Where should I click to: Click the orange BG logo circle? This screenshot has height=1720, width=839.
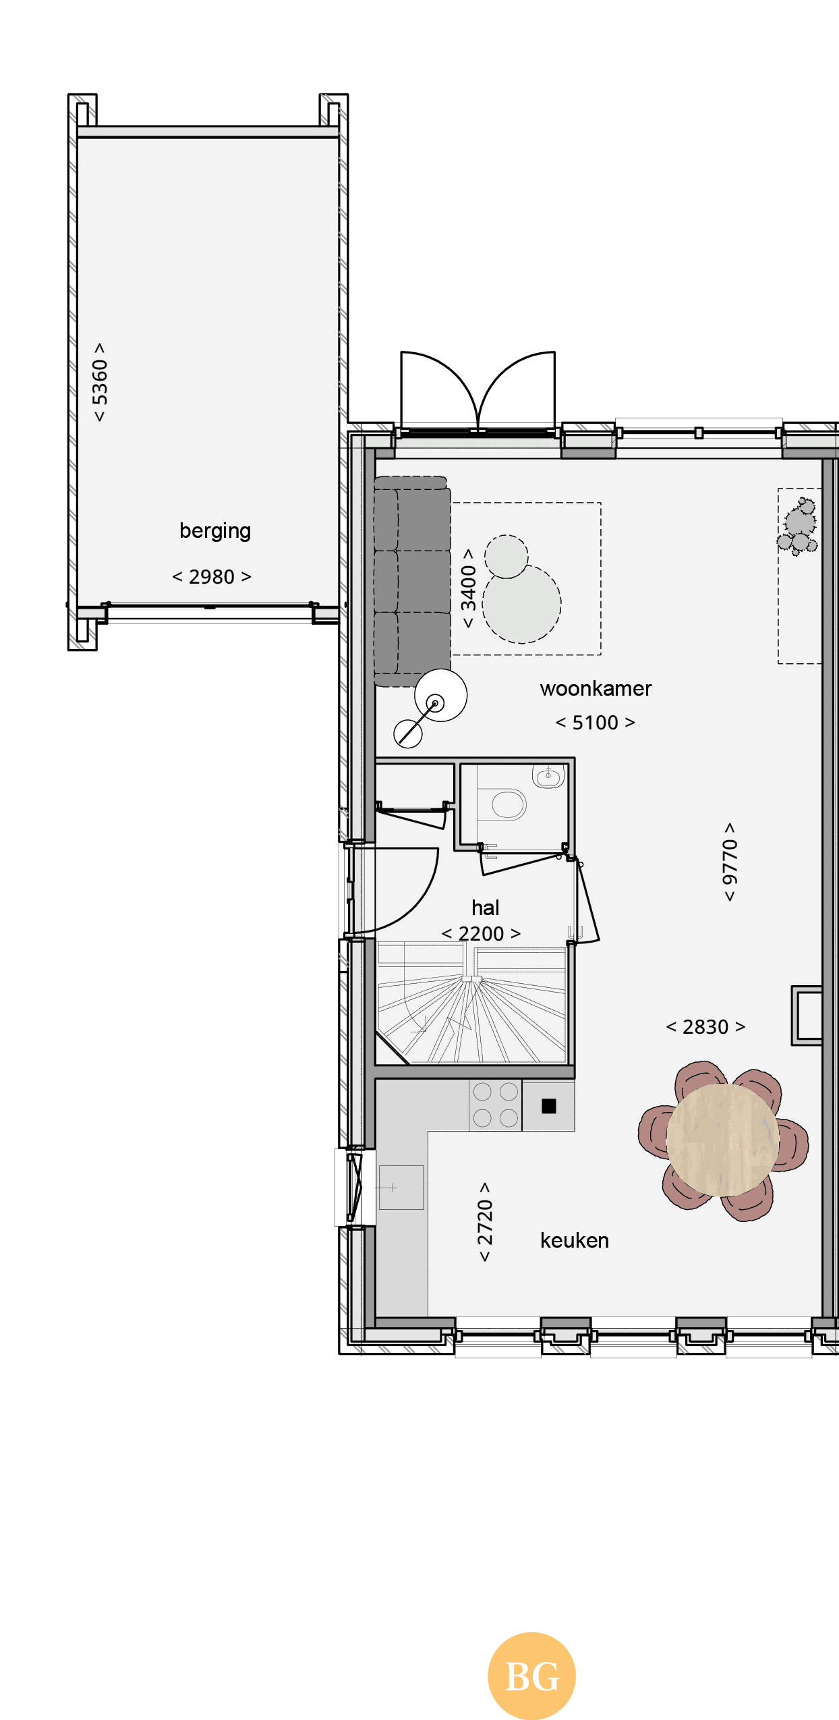tap(531, 1675)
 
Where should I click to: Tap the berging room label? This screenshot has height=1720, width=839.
tap(215, 532)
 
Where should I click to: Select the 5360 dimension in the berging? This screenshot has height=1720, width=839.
tap(100, 382)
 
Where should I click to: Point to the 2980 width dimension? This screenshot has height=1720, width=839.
tap(212, 577)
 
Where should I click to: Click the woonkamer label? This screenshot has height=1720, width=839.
tap(596, 688)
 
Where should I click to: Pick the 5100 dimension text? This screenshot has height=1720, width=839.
tap(595, 723)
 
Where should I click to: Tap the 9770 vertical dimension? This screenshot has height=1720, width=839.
tap(730, 862)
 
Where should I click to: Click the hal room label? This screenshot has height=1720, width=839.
tap(486, 908)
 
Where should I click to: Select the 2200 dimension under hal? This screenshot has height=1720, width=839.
tap(481, 934)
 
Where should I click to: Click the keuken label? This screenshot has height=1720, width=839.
tap(575, 1240)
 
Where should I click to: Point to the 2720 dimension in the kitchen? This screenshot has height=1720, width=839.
tap(485, 1222)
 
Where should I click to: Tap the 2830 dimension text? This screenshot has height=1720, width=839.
tap(705, 1027)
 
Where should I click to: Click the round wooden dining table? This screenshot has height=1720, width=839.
tap(722, 1140)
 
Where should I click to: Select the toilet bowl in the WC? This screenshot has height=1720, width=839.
tap(508, 804)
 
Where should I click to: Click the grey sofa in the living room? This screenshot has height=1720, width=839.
tap(412, 581)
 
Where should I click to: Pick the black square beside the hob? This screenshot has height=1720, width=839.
tap(549, 1106)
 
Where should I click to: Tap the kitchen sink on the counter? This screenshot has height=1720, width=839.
tap(401, 1188)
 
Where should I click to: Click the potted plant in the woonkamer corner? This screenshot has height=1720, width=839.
tap(798, 526)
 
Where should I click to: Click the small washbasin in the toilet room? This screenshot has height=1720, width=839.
tap(548, 776)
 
